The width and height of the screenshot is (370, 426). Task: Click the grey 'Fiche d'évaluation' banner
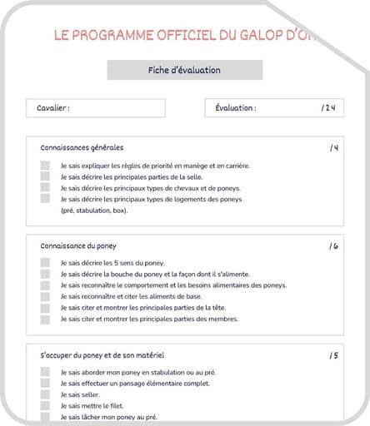[x=184, y=71]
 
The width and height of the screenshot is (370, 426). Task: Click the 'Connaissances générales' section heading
[x=82, y=147]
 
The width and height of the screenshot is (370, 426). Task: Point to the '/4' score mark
[x=333, y=148]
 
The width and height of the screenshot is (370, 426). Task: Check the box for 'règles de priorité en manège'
[x=45, y=166]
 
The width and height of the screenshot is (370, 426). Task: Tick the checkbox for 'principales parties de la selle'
[x=45, y=177]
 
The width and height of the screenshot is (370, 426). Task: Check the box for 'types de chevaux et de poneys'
[x=45, y=188]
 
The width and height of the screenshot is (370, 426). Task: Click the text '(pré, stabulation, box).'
[x=94, y=211]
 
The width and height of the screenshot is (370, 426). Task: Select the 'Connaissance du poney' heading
[x=78, y=246]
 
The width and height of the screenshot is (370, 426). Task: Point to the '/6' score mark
[x=333, y=246]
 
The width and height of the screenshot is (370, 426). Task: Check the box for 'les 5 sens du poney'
[x=45, y=263]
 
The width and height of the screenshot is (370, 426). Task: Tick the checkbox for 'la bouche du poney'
[x=45, y=275]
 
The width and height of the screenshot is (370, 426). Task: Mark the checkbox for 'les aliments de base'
[x=45, y=296]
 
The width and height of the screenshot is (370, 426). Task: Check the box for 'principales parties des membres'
[x=45, y=319]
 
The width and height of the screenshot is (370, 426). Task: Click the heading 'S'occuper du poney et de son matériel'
[x=102, y=355]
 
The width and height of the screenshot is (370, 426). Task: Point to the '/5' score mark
[x=333, y=355]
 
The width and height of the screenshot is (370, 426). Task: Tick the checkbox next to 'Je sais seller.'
[x=45, y=394]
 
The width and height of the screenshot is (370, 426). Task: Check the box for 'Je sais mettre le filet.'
[x=45, y=406]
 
